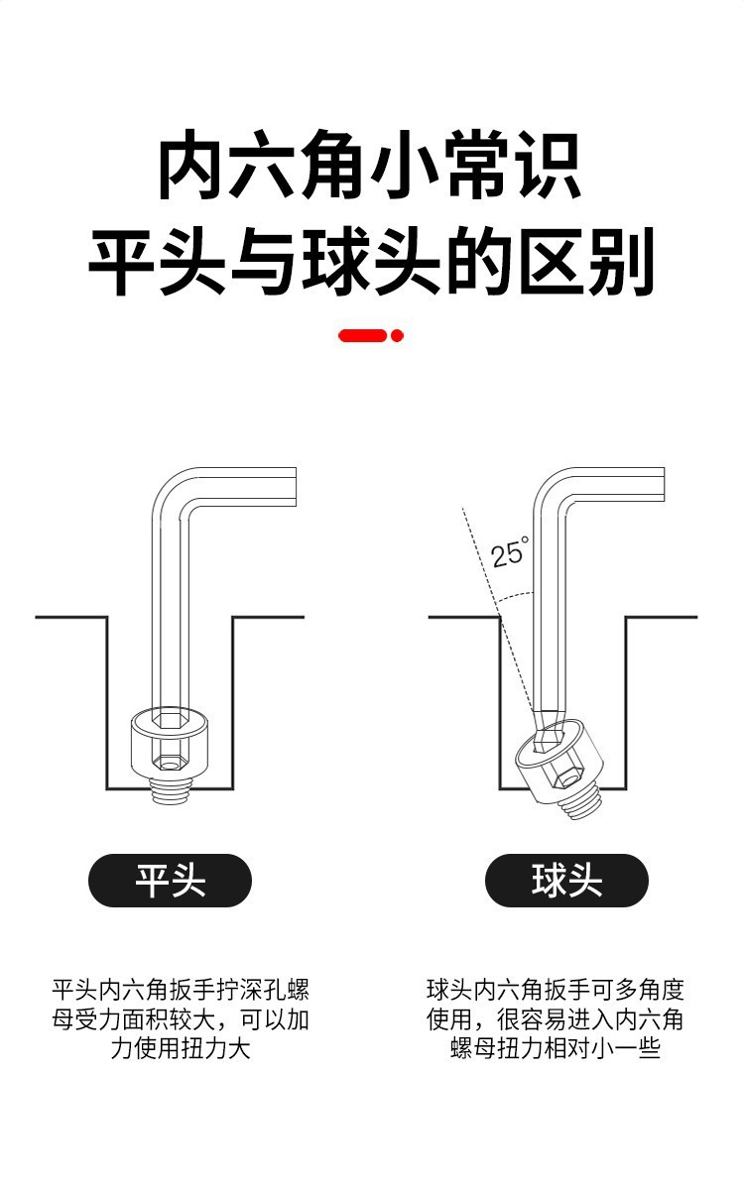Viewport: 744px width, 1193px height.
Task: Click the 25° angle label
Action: pos(510,550)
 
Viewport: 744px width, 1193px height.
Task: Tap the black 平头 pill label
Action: pos(170,881)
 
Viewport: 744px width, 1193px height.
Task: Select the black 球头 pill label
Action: pos(566,881)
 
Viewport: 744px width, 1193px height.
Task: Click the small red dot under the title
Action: pos(397,336)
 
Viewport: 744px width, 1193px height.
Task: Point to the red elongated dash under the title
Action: pos(362,336)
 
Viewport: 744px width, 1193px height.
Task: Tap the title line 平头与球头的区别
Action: pos(371,263)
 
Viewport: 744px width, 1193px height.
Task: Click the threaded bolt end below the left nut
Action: pos(170,792)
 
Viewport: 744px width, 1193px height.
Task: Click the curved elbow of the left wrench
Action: pos(169,493)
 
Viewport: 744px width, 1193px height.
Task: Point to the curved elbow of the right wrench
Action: pos(550,493)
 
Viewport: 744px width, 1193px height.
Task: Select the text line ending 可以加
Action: pos(181,1019)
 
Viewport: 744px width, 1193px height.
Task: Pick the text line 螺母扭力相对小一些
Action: pos(555,1048)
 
